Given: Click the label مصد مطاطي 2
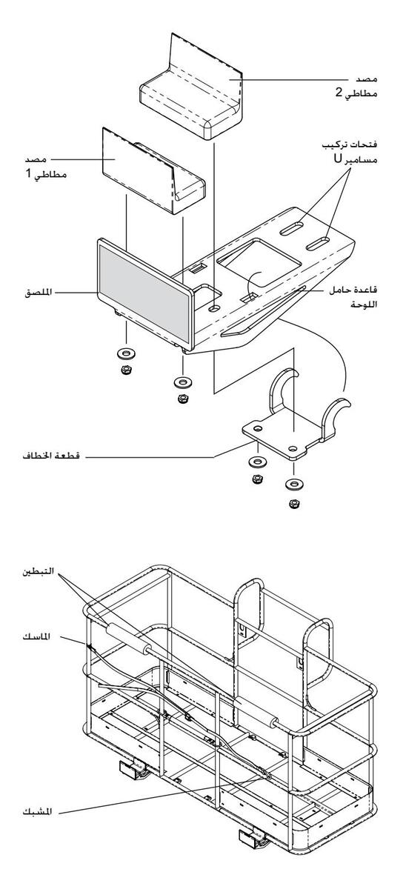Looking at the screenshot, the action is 356,86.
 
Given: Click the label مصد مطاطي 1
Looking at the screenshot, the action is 46,167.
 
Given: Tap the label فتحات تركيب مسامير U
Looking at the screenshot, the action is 349,152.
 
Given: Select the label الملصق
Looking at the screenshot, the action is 38,293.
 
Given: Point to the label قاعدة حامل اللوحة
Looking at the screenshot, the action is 353,297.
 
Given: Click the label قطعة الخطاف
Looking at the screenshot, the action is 51,456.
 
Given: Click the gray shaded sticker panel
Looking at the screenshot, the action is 144,290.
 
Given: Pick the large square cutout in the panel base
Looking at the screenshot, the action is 259,262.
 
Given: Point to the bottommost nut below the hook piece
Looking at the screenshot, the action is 294,504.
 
